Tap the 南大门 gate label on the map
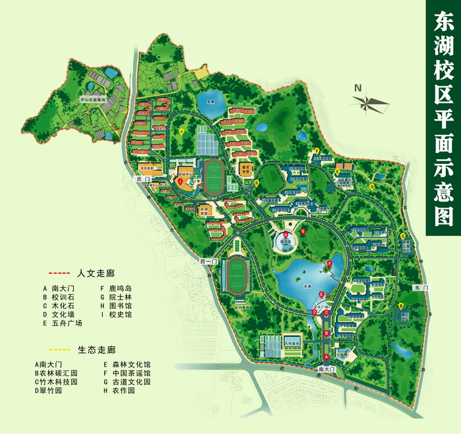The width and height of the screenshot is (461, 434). click(x=327, y=371)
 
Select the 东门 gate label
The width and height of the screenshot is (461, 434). click(x=421, y=288)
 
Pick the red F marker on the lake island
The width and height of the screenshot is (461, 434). click(x=329, y=264)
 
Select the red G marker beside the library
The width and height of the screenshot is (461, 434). click(x=302, y=232)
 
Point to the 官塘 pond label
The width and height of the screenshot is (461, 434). click(x=211, y=102)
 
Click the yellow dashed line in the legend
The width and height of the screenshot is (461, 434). click(x=59, y=349)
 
